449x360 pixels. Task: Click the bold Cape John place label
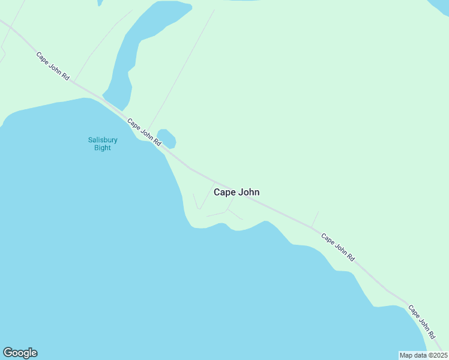click(237, 193)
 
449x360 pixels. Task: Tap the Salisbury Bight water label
click(103, 144)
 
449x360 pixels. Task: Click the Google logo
click(20, 353)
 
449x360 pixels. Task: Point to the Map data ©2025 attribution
click(423, 355)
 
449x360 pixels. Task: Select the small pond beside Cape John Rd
click(166, 139)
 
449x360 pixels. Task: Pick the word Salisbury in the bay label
click(103, 140)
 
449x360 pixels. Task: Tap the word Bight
click(103, 148)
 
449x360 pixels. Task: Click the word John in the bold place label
click(249, 193)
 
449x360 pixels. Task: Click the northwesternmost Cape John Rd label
click(53, 67)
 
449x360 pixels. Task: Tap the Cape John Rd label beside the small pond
click(144, 132)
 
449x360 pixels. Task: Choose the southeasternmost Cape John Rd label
click(422, 321)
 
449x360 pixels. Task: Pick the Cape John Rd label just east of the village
click(338, 247)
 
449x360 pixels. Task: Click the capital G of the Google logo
click(8, 353)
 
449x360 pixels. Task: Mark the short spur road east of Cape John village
click(315, 220)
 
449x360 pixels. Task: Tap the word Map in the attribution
click(407, 355)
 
